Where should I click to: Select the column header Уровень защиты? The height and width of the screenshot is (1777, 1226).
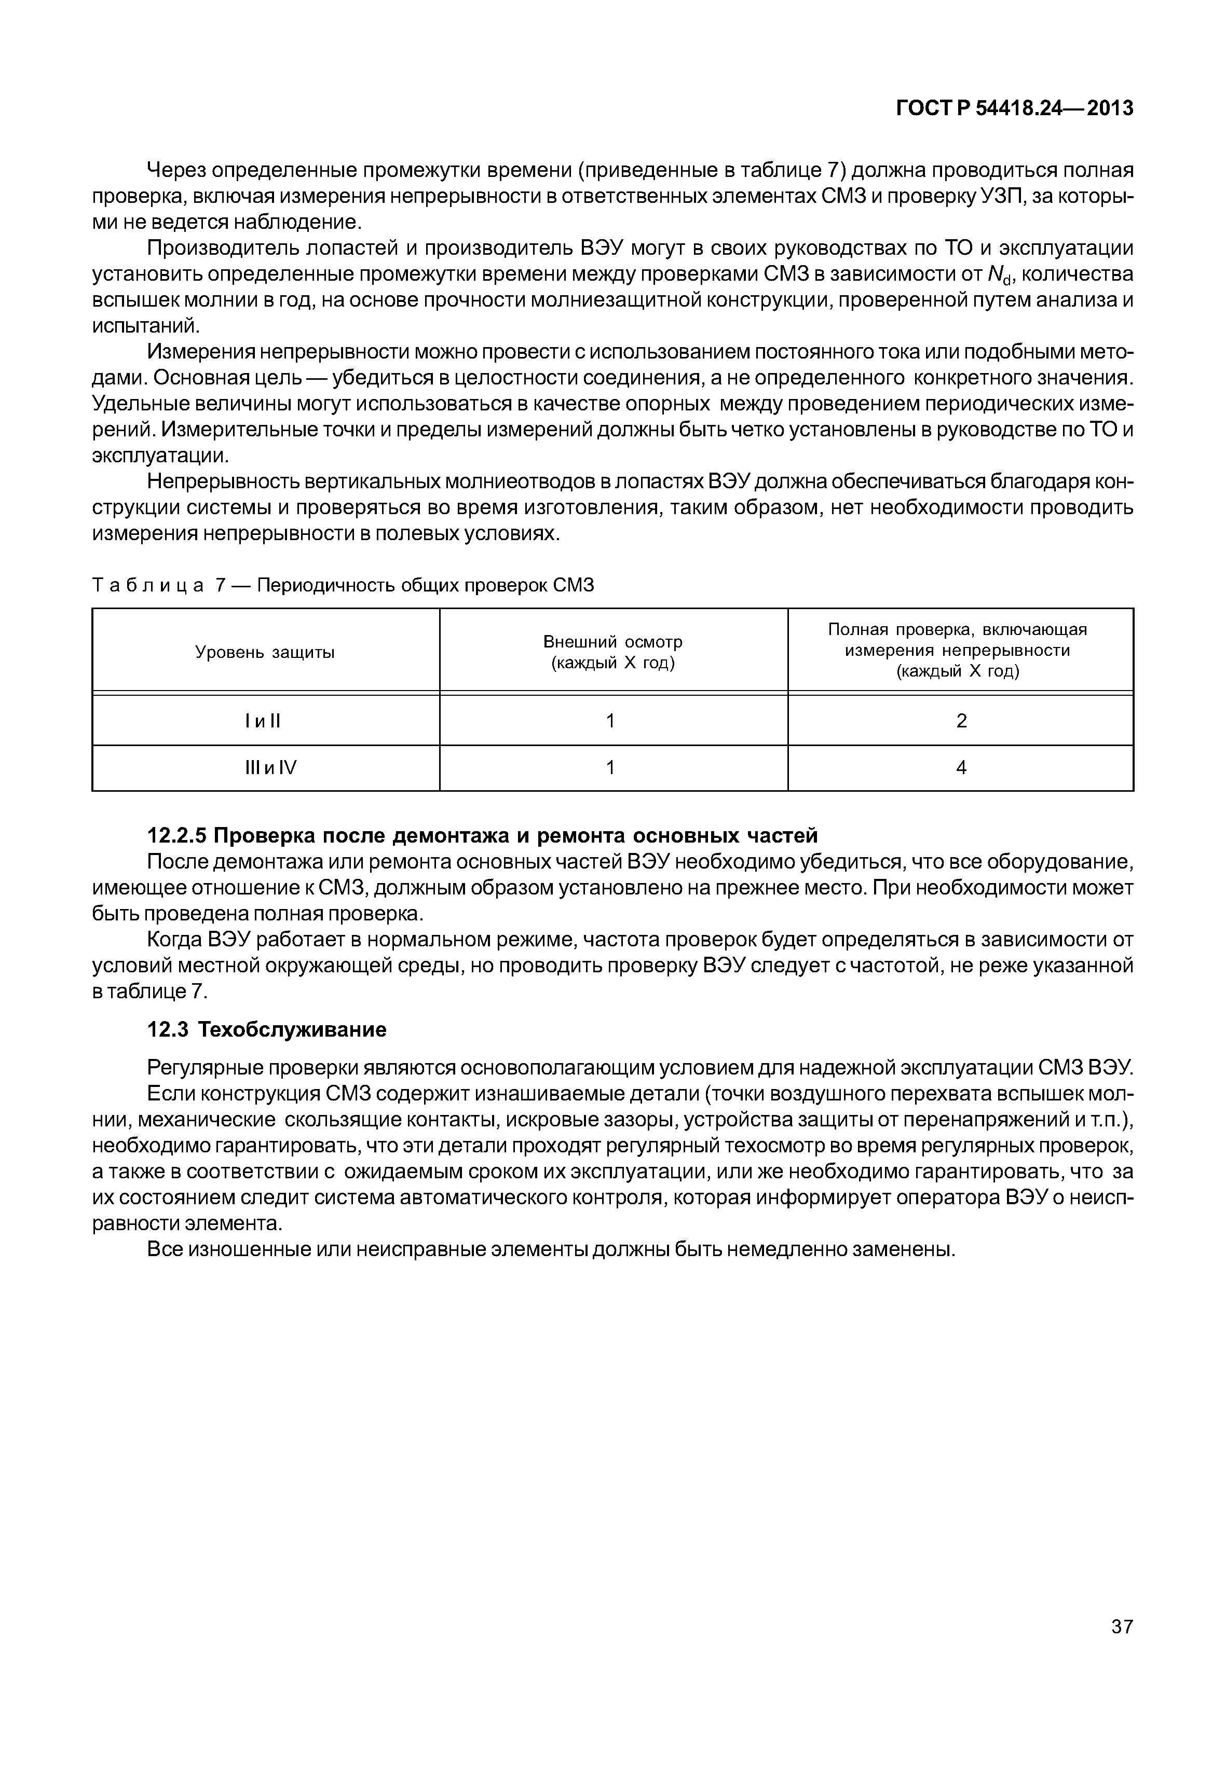(265, 653)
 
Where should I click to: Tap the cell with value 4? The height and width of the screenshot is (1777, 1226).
(961, 767)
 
